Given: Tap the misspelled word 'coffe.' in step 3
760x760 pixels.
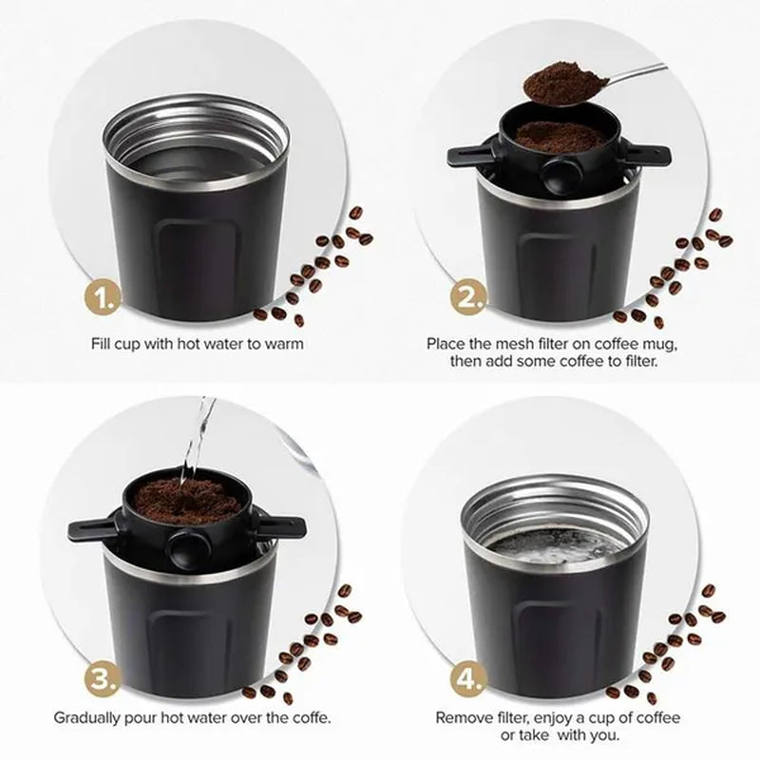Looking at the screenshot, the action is pos(309,717).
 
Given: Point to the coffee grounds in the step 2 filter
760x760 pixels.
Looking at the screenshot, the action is pos(560,135).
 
